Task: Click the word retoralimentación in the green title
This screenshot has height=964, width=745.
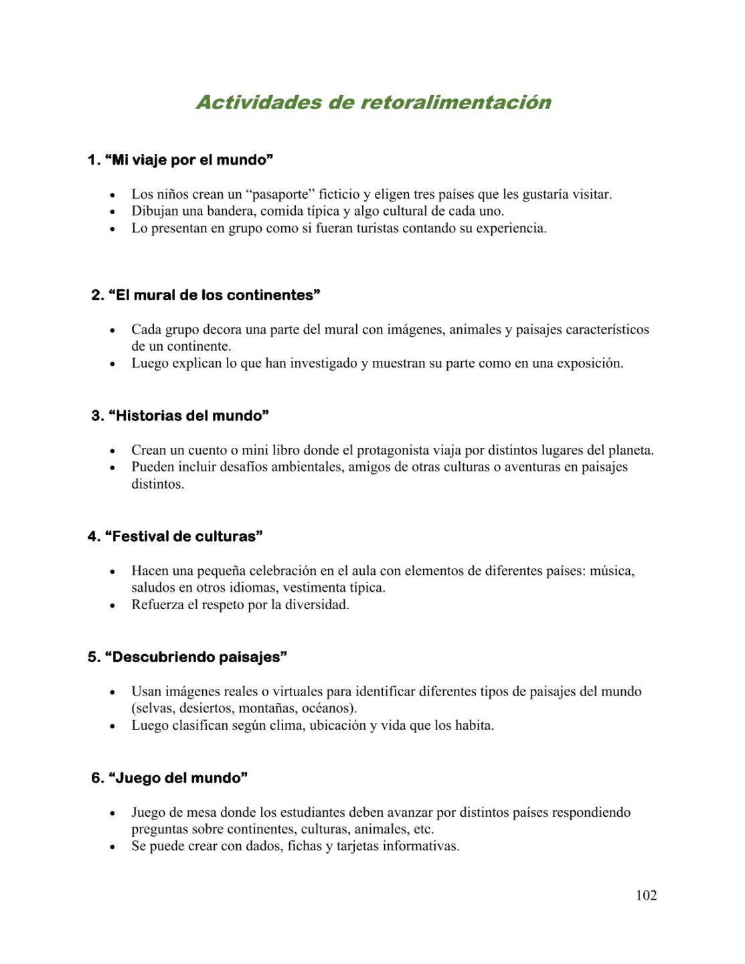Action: pos(456,102)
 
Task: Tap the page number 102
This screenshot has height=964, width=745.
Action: pos(646,895)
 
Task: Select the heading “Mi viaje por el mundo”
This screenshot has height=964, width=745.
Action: pos(180,160)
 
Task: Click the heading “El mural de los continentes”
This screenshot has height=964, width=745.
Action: pos(205,295)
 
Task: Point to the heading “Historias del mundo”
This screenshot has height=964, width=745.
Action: pos(180,416)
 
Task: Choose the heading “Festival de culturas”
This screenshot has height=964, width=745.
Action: pos(175,536)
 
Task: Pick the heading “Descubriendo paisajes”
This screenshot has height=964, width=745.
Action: pos(187,657)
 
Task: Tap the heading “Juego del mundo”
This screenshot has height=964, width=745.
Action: pos(169,778)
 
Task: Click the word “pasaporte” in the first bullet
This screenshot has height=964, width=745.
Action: pos(280,194)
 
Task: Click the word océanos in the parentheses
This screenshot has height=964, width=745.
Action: pos(327,708)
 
